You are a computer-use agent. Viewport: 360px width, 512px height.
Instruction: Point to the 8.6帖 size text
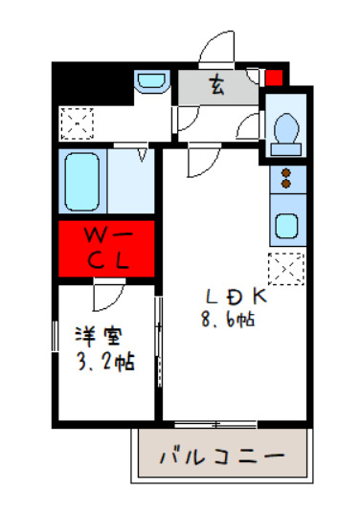click(228, 322)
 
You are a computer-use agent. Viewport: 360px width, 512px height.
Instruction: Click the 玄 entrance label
click(217, 87)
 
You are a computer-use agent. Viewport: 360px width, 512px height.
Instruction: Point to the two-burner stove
click(285, 178)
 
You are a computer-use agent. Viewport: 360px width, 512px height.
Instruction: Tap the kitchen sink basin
click(285, 227)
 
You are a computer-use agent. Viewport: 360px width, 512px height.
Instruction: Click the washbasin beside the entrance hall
click(150, 82)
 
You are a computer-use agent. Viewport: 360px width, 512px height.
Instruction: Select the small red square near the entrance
click(274, 78)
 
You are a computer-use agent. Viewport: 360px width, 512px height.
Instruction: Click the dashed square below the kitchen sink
click(285, 267)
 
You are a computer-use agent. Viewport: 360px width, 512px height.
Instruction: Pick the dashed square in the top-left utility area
click(75, 122)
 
